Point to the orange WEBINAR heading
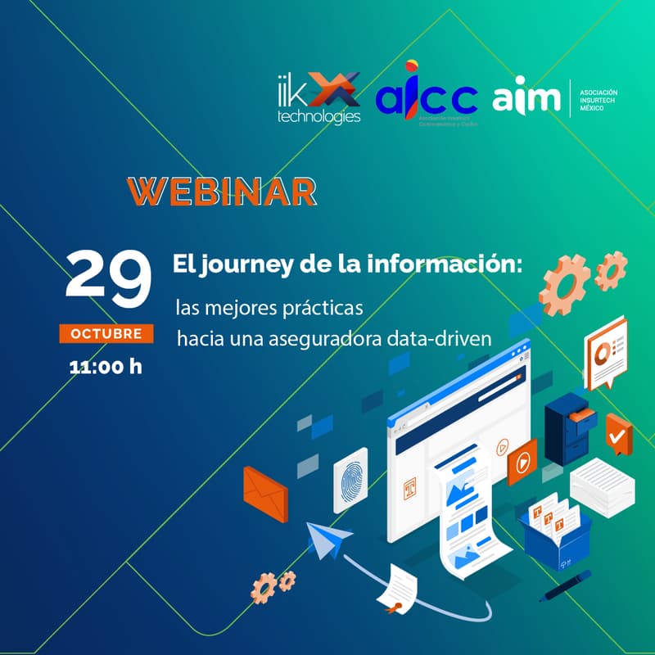222,190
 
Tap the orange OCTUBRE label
106,334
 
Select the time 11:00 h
106,365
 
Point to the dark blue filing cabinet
568,426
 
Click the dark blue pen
566,590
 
